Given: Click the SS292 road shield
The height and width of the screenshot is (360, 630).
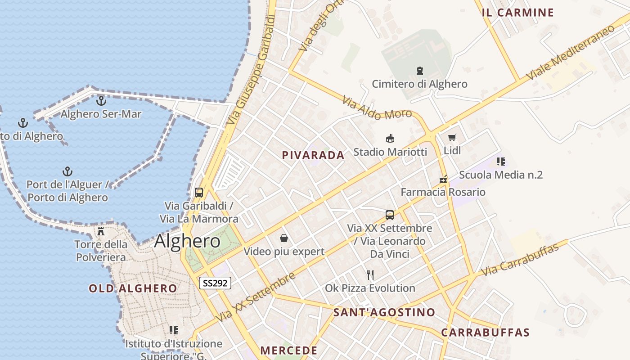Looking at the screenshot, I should [x=215, y=283].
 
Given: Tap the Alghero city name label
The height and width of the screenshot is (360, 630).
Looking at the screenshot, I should [x=187, y=242].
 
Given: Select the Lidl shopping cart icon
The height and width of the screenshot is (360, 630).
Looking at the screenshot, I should [x=452, y=138].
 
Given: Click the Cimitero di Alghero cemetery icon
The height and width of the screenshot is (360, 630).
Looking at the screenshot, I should [x=420, y=71].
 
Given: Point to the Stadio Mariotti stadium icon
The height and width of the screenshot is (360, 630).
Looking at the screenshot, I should [x=390, y=139].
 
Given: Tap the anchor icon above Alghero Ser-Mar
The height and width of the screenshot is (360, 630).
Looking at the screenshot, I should [x=101, y=101].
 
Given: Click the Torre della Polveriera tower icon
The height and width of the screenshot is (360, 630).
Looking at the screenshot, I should [x=101, y=231].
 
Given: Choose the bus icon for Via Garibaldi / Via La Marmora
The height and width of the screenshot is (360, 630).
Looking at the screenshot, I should [x=199, y=193].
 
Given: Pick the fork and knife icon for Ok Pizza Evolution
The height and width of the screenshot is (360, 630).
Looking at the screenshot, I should [x=370, y=274].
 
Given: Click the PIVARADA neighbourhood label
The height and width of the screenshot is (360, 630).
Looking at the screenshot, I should [x=313, y=155].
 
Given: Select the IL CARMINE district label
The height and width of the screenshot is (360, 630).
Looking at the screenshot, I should [x=517, y=13].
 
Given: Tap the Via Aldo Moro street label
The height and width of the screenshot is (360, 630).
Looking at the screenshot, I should [x=377, y=108].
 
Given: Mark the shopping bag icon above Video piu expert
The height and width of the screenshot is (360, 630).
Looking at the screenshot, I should [x=284, y=238].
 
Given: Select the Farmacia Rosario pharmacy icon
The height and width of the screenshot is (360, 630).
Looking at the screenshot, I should [x=444, y=179].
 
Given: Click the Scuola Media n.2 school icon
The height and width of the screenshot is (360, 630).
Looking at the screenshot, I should [x=501, y=161].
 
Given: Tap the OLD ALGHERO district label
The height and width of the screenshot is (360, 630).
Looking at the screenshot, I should [x=133, y=288].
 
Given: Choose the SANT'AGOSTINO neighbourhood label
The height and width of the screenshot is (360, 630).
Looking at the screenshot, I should [x=384, y=312].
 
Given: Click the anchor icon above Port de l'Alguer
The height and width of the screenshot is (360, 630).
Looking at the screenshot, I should [x=67, y=171].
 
